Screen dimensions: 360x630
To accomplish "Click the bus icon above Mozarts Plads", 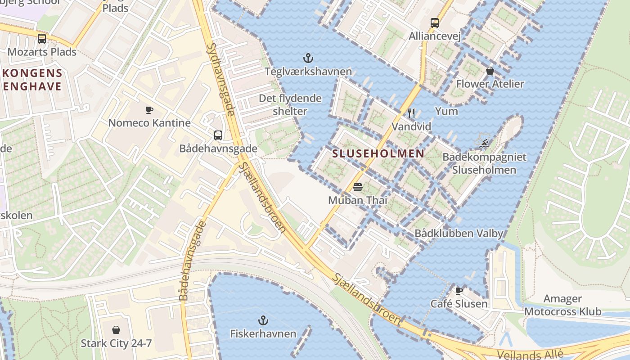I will coord(42,39).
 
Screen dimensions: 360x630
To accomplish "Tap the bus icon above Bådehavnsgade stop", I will coord(218,135).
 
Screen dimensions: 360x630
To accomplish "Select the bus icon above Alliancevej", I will coord(435,22).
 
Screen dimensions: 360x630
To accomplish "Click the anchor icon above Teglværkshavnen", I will coord(308,58).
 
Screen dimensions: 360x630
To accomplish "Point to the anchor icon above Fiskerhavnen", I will coord(263,320).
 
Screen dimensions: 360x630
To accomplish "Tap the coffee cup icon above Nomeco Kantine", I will coord(149,110).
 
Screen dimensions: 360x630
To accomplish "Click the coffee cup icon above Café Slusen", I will coord(459,291).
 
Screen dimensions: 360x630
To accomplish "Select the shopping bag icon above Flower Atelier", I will coord(490,71).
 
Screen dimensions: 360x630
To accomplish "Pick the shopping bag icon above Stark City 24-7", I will coord(116,330).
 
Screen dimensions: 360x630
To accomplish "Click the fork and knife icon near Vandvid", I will coord(411,113).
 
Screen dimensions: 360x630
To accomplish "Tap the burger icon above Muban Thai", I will coord(358,187).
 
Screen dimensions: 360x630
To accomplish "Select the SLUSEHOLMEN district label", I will coord(378,153).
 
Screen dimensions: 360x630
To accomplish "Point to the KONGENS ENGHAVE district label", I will coord(31,80).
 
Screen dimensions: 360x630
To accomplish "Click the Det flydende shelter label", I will coord(290,105).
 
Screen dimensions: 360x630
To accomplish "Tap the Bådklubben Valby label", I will coord(459,233).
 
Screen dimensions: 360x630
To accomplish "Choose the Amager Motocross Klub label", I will coord(562,305).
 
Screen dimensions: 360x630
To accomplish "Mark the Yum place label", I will coord(446,111).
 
